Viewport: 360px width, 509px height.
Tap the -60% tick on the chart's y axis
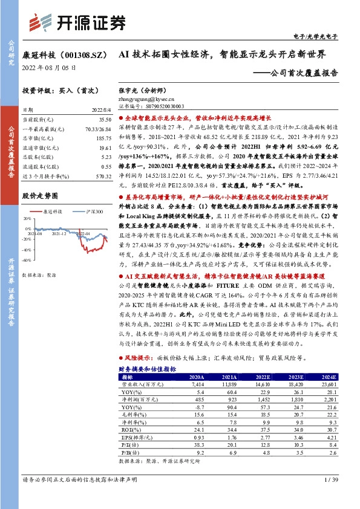point(27,260)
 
